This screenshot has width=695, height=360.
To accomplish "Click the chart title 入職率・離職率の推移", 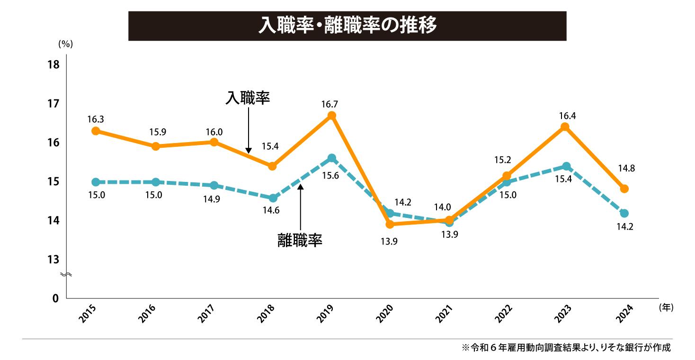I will pos(347,26).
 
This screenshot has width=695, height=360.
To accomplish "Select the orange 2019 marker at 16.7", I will pos(332,116).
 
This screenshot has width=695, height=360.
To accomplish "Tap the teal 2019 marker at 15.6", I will pos(332,158).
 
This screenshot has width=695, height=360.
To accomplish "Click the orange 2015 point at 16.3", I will pos(96,131).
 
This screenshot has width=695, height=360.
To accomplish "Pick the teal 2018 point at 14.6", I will pos(273,198).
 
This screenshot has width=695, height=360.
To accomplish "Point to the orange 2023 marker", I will pos(565,127).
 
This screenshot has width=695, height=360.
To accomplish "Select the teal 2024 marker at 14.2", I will pos(624,213).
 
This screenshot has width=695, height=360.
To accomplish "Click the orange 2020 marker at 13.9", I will pos(390,224).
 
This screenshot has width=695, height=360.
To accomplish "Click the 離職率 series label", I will pos(300,240).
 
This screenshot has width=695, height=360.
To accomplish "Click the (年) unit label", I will pos(665,307).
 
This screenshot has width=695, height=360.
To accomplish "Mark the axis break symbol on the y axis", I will pos(67,275).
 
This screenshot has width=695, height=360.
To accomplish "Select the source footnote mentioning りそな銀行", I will pos(566,347).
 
